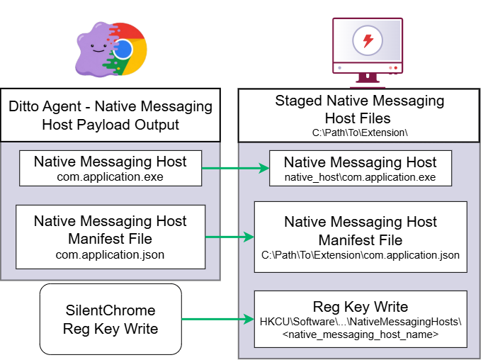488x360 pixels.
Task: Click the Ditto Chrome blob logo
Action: pos(110,49)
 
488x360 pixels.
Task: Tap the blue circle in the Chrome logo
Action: pos(123,50)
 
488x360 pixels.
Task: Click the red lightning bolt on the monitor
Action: pos(368,40)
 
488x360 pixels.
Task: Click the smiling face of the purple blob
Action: pos(98,48)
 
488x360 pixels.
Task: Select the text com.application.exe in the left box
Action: pos(110,177)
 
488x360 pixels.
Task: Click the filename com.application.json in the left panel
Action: pos(110,254)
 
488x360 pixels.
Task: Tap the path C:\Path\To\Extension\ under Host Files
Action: pos(360,133)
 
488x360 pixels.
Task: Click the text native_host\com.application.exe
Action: pos(360,177)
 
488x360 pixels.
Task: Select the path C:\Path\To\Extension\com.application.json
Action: pos(361,255)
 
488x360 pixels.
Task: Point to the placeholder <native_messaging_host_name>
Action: pos(361,334)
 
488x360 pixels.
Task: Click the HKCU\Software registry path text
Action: pos(361,322)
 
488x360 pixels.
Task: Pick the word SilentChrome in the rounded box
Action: pos(110,310)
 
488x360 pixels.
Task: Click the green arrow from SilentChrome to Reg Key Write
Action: pos(218,319)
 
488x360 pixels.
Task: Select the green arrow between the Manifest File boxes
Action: pos(229,237)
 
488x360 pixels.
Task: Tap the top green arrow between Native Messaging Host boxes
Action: pos(236,169)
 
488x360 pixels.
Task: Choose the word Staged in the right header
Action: pos(298,101)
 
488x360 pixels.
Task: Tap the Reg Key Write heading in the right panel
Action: pos(361,307)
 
